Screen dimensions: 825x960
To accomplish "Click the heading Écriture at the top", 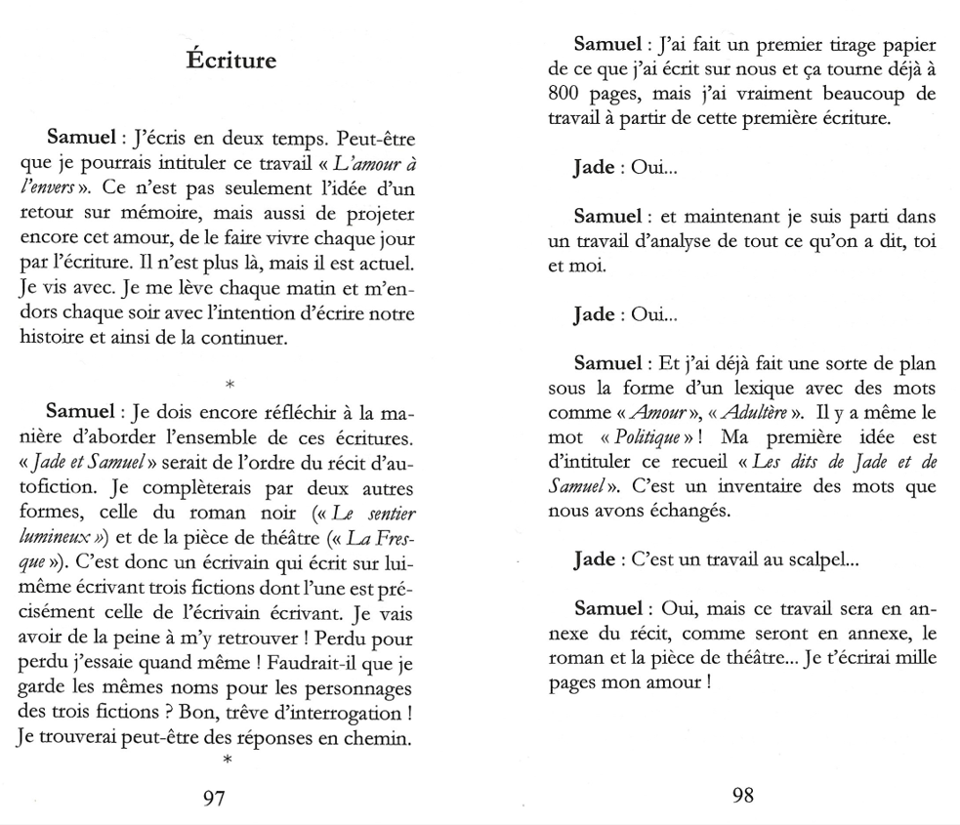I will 231,61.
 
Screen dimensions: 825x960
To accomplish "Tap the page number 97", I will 213,798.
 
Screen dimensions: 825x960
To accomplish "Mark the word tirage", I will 821,47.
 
